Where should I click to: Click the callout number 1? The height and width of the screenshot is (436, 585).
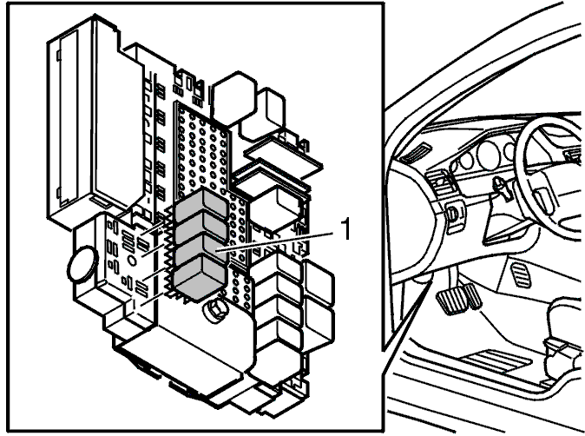[x=346, y=229]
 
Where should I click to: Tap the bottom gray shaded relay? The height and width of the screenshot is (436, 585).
[x=200, y=277]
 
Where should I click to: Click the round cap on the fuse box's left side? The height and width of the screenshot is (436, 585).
[x=82, y=263]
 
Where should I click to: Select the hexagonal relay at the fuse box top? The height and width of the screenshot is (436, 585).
[x=233, y=98]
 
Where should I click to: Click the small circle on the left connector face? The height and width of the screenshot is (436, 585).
[x=132, y=261]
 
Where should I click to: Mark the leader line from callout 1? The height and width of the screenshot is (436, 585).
[x=274, y=242]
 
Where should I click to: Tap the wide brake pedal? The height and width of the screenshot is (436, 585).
[x=452, y=299]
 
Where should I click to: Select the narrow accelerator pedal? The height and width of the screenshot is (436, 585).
[x=472, y=296]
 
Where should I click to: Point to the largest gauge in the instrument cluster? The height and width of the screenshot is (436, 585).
[x=489, y=155]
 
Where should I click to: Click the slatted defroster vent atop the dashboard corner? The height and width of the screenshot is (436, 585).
[x=415, y=153]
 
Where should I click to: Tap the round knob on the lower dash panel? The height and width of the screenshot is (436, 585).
[x=452, y=214]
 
